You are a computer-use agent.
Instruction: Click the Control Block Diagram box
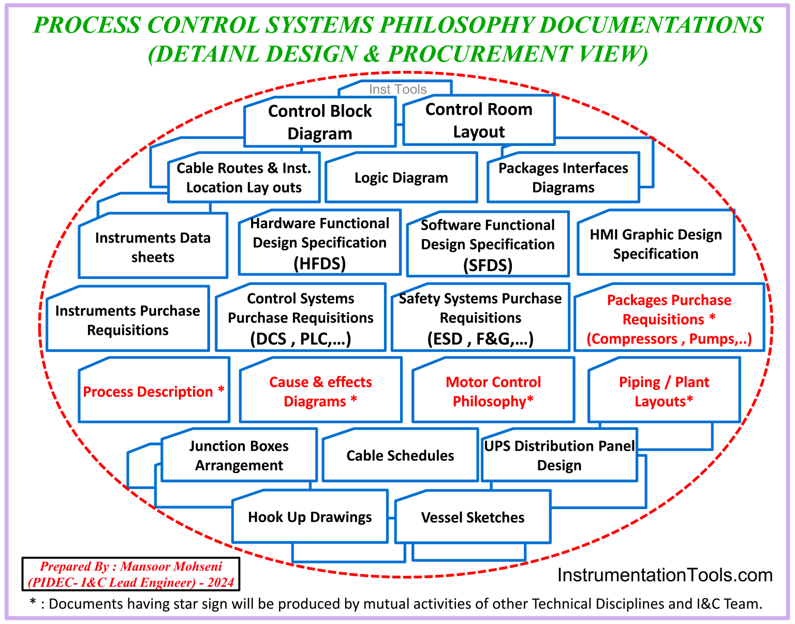(x=320, y=122)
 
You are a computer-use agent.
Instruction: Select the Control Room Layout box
(x=479, y=121)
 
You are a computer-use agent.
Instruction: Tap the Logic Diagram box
(x=401, y=178)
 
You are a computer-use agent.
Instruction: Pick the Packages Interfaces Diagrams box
(x=563, y=177)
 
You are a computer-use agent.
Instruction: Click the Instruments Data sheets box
(x=153, y=247)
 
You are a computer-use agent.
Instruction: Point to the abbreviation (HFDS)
(x=319, y=264)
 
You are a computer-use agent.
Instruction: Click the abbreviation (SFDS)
(x=488, y=265)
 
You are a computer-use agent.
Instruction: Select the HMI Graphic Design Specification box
(x=656, y=244)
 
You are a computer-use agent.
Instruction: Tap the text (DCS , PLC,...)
(x=301, y=339)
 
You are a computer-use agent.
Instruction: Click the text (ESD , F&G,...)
(x=480, y=339)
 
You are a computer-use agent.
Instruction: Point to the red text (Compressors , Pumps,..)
(x=669, y=339)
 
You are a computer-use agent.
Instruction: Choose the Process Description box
(x=154, y=392)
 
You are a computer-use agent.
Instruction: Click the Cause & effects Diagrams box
(x=320, y=392)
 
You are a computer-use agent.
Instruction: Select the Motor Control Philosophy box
(x=493, y=392)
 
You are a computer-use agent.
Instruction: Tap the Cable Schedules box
(x=400, y=456)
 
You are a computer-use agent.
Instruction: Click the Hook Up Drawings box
(x=310, y=517)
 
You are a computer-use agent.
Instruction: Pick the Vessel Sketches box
(x=473, y=518)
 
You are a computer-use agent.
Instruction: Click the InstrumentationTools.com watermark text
(x=665, y=575)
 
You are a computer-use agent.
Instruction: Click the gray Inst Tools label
(x=397, y=89)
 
